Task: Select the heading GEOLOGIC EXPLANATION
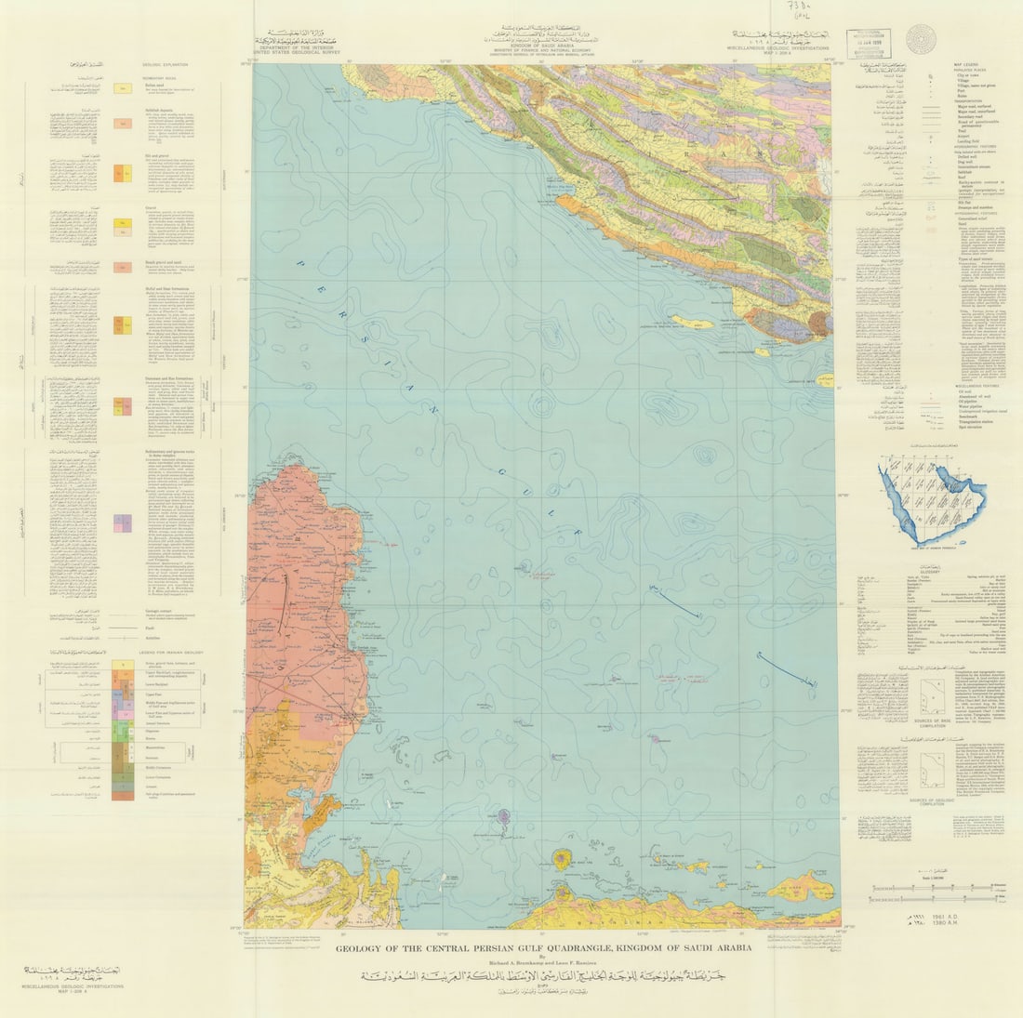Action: point(165,64)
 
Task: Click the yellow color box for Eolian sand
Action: point(123,88)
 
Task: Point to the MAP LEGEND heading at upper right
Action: point(967,63)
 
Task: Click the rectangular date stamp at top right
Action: point(867,44)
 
